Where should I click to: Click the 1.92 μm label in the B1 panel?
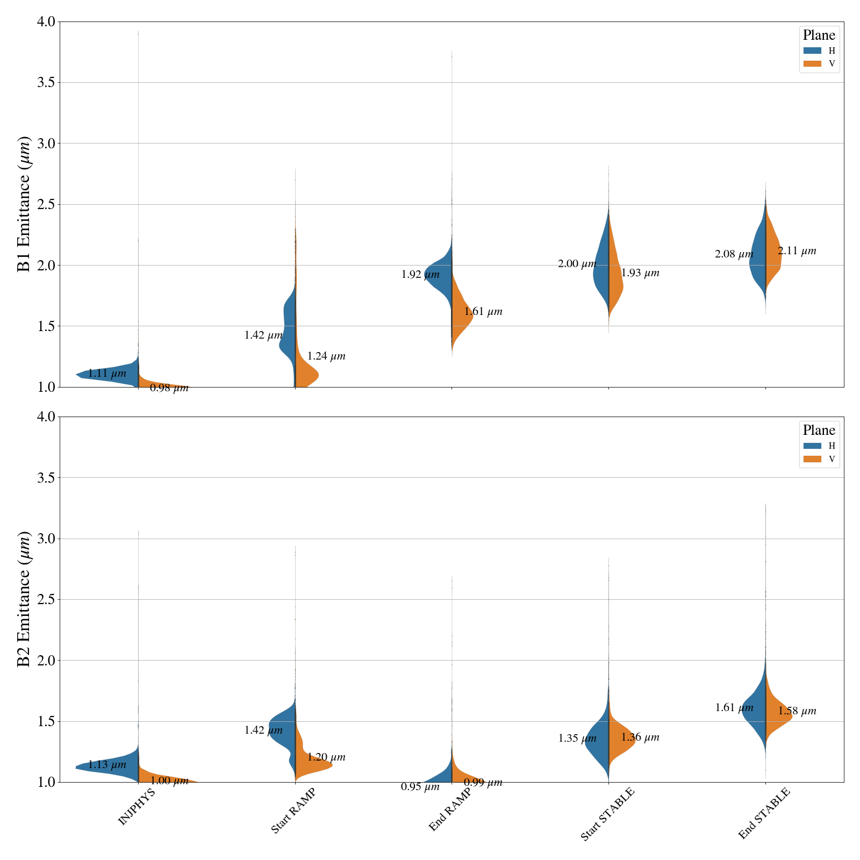pyautogui.click(x=420, y=275)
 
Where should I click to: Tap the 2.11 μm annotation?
pyautogui.click(x=797, y=251)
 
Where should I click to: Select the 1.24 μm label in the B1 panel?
pyautogui.click(x=326, y=356)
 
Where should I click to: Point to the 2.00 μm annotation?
pyautogui.click(x=577, y=264)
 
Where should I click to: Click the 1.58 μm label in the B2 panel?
pyautogui.click(x=797, y=711)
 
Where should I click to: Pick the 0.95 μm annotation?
pyautogui.click(x=420, y=787)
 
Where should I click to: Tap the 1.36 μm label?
pyautogui.click(x=640, y=737)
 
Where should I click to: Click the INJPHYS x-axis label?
pyautogui.click(x=137, y=806)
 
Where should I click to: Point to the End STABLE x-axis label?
pyautogui.click(x=764, y=813)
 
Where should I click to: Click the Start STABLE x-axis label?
pyautogui.click(x=607, y=814)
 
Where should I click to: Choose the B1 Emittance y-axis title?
pyautogui.click(x=24, y=204)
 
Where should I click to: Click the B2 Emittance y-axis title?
pyautogui.click(x=24, y=599)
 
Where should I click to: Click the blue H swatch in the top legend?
pyautogui.click(x=812, y=51)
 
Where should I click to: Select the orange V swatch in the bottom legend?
pyautogui.click(x=812, y=459)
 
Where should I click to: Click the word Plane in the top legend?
pyautogui.click(x=819, y=35)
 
